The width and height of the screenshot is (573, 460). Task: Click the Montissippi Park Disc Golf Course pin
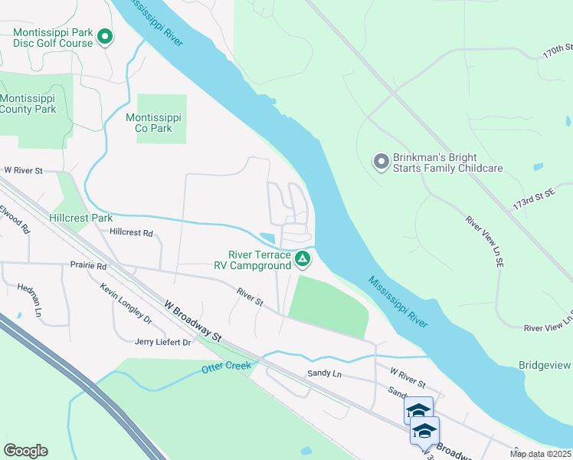point(104,37)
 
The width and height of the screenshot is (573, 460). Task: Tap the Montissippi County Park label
point(28,104)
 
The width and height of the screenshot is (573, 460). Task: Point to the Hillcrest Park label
point(81,218)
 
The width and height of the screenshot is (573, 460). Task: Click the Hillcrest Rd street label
point(131,232)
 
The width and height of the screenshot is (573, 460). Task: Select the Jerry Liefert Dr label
point(162,342)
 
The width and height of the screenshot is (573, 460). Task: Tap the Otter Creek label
point(227,368)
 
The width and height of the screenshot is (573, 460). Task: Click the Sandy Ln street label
point(323,373)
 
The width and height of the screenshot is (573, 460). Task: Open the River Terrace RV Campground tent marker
point(303,260)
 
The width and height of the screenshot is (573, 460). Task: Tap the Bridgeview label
point(545,365)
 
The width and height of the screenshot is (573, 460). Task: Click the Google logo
point(25,451)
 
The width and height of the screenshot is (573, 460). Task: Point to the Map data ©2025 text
point(540,454)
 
